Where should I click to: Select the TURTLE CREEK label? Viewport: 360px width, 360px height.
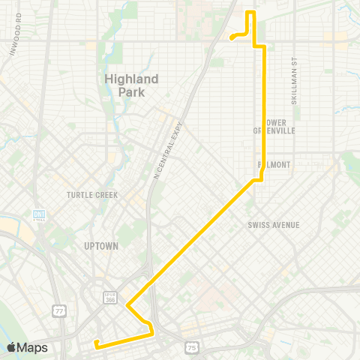[x=89, y=195]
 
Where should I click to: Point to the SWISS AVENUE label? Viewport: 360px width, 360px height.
[x=273, y=225]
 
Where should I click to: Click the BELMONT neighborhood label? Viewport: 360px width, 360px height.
[x=274, y=164]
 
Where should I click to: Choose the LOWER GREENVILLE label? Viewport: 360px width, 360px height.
[x=276, y=126]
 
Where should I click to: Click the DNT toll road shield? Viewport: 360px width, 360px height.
[x=38, y=215]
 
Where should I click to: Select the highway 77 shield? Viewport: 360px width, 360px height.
[x=58, y=309]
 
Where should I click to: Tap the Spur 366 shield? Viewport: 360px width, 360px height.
[x=109, y=297]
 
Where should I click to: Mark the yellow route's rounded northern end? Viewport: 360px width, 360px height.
[x=232, y=37]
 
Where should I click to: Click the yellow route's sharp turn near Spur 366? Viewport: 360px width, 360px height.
[x=128, y=306]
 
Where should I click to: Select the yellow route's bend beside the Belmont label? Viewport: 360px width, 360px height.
[x=259, y=178]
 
